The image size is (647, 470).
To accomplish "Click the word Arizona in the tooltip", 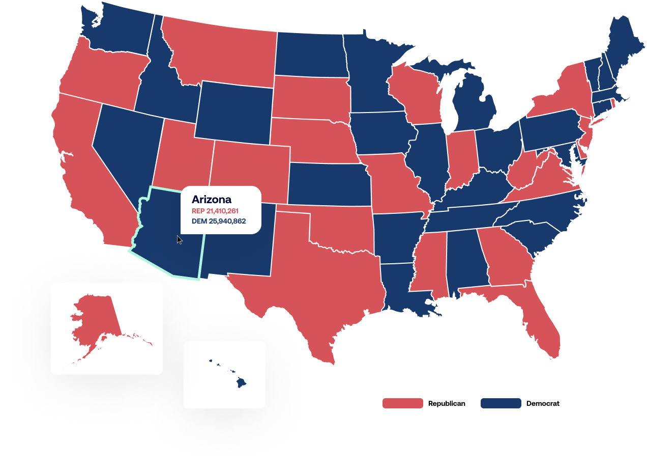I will tap(211, 200).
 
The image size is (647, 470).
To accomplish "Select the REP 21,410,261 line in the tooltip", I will tap(215, 211).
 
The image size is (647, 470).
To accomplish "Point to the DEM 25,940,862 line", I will tap(219, 222).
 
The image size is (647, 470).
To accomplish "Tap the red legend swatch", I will tap(402, 403).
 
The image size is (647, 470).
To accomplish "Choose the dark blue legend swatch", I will tap(501, 403).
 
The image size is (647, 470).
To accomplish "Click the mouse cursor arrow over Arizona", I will tap(179, 239).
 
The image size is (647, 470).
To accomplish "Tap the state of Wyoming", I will tap(234, 112).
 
